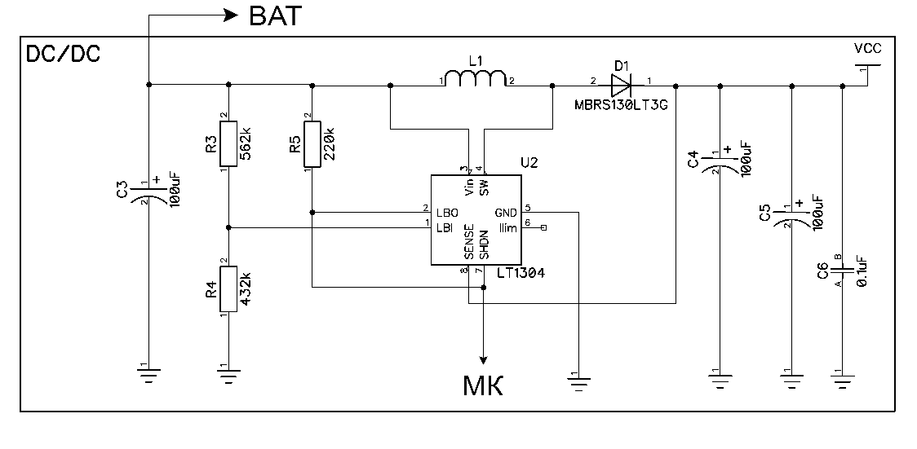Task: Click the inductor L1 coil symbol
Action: click(476, 79)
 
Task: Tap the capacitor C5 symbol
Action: click(791, 216)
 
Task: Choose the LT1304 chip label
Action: click(515, 275)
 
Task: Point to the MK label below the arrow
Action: click(483, 385)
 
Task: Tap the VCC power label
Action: click(866, 49)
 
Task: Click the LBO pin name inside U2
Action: click(448, 213)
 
